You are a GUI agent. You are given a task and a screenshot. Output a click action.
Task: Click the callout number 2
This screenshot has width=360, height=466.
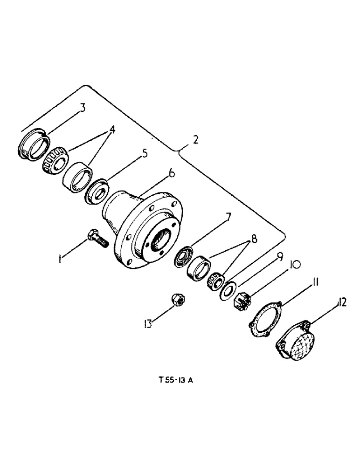pyautogui.click(x=196, y=139)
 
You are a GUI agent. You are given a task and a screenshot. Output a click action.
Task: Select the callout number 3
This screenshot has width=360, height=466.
pyautogui.click(x=83, y=109)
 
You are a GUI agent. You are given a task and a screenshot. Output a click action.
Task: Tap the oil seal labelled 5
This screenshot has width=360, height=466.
pyautogui.click(x=97, y=192)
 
